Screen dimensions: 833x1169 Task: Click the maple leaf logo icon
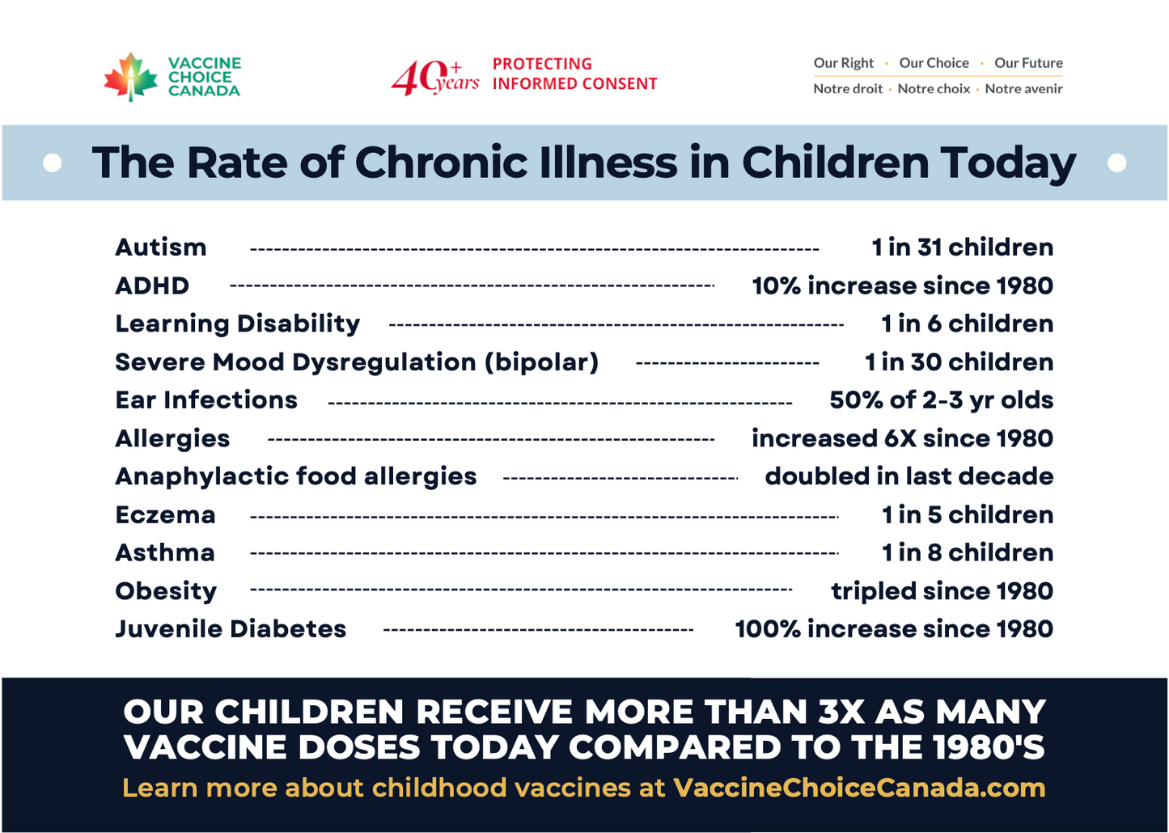pos(130,77)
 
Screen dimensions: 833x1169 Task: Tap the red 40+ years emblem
pos(434,78)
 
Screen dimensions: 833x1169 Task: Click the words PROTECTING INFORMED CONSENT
pos(574,74)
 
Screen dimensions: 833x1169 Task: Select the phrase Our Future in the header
pos(1028,63)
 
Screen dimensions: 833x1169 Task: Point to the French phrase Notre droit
pos(848,89)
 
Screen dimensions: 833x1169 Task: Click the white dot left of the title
pos(53,163)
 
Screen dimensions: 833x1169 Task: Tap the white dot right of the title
pos(1117,163)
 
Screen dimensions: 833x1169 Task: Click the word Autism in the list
pos(161,247)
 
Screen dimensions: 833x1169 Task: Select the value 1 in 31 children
pos(962,247)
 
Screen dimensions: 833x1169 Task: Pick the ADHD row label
pos(152,285)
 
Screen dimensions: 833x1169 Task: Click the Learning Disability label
pos(237,323)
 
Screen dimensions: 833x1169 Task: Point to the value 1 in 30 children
pos(959,362)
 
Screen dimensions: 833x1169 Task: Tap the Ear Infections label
pos(206,400)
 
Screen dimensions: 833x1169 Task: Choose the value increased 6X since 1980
pos(902,438)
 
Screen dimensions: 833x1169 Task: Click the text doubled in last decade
pos(909,476)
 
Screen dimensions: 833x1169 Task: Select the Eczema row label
pos(165,514)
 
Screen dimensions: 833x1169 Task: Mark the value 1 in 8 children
pos(968,552)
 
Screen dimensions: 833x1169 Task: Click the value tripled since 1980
pos(942,591)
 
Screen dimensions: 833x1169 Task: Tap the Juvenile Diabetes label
pos(231,629)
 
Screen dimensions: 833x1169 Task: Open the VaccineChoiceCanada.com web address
pos(859,788)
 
